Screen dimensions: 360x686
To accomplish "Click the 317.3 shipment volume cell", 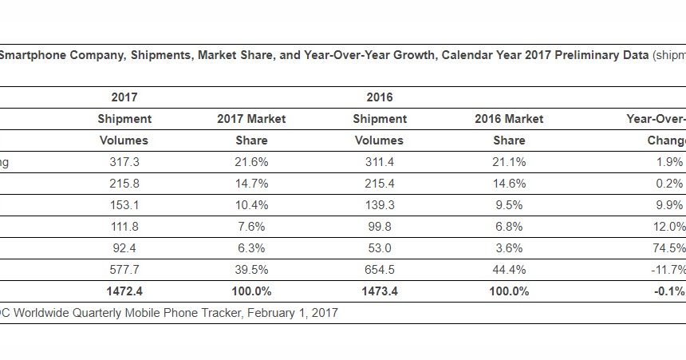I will [x=124, y=162].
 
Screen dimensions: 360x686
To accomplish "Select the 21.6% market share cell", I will [x=251, y=162].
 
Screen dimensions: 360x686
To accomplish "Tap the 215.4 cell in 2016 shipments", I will [x=379, y=184].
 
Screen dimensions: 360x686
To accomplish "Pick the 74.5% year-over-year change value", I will [x=668, y=248].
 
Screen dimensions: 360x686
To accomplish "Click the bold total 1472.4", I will [x=124, y=291].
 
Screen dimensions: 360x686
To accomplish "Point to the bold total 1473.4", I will [x=379, y=291].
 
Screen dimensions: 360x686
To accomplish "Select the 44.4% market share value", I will [x=509, y=270].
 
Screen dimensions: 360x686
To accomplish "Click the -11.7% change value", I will [x=667, y=270].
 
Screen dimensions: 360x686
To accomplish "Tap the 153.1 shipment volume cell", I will [x=124, y=205].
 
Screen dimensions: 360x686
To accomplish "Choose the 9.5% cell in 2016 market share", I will [x=509, y=205].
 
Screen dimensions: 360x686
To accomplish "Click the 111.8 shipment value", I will [x=124, y=227].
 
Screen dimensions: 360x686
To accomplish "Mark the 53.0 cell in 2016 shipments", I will [x=379, y=248].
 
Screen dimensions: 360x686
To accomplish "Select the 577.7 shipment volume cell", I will [x=124, y=270].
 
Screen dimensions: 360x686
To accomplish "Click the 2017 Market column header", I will [x=251, y=119].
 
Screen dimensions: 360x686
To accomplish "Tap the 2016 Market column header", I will [x=509, y=119].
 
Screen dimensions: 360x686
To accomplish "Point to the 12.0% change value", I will [x=668, y=227].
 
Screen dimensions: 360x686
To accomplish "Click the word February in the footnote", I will [x=269, y=314].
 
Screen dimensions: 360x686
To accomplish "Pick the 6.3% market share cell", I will [x=251, y=248].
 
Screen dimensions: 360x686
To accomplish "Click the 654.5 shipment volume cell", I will [x=379, y=270].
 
